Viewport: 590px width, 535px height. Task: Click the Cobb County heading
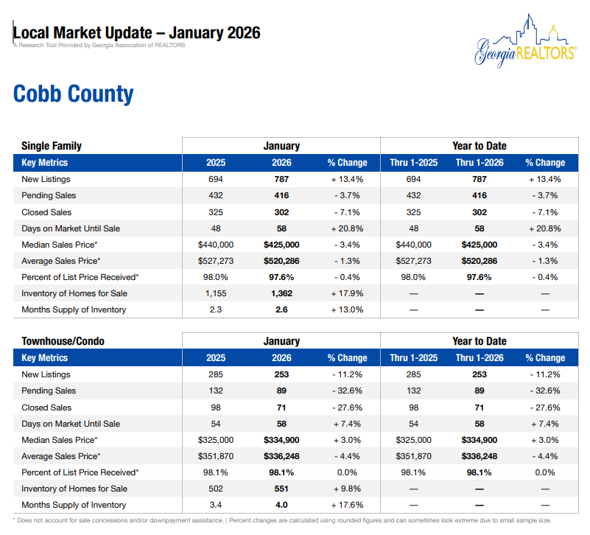tap(74, 94)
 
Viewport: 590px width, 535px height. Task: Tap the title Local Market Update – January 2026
tap(137, 33)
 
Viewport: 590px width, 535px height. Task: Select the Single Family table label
tap(52, 146)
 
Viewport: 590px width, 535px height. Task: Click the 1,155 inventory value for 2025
tap(216, 293)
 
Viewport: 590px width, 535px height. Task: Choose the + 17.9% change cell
tap(347, 293)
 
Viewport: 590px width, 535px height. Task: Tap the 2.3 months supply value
tap(216, 310)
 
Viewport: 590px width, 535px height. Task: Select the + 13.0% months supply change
tap(347, 310)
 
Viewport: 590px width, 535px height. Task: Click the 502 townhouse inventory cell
tap(216, 489)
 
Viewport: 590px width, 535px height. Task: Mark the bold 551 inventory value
tap(281, 489)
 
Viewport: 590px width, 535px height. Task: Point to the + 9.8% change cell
tap(347, 489)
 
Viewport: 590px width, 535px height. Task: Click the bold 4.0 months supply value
tap(281, 505)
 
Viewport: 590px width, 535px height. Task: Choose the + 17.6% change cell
tap(347, 505)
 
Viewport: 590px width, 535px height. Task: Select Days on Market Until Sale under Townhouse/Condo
tap(71, 424)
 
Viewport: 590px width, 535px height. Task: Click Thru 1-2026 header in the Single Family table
tap(480, 163)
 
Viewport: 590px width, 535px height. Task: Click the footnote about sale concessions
tap(118, 520)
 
